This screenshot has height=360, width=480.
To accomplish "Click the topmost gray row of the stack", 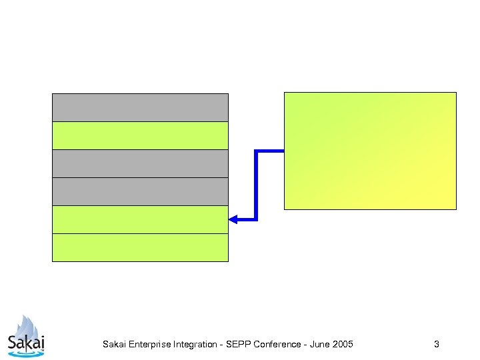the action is (140, 107).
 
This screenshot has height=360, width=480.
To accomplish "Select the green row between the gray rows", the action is (140, 135).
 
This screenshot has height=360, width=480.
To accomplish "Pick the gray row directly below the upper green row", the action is (140, 163).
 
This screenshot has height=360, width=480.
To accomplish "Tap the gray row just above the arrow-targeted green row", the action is (140, 191).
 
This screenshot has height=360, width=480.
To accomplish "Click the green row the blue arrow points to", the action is (140, 219).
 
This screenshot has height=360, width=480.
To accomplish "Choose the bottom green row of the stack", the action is (140, 247).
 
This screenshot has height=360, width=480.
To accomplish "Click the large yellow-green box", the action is (370, 151).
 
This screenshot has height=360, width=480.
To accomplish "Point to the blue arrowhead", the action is (233, 219).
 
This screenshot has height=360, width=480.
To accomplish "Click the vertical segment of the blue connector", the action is (256, 185).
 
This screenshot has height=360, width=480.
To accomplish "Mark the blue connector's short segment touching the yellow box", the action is (270, 151).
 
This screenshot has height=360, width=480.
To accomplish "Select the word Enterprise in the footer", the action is (150, 345).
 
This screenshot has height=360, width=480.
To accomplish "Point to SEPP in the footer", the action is (236, 345).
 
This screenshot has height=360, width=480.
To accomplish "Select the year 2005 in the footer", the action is (343, 345).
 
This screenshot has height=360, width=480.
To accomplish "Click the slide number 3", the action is (436, 345).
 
